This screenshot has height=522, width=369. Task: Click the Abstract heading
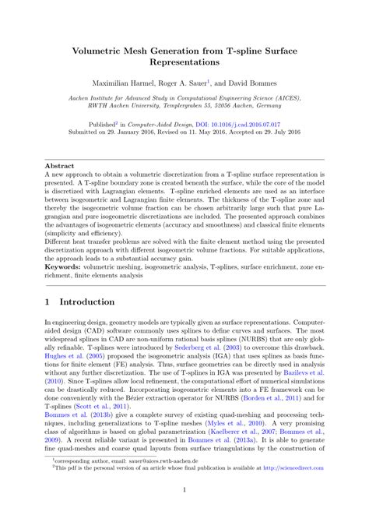pos(60,165)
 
